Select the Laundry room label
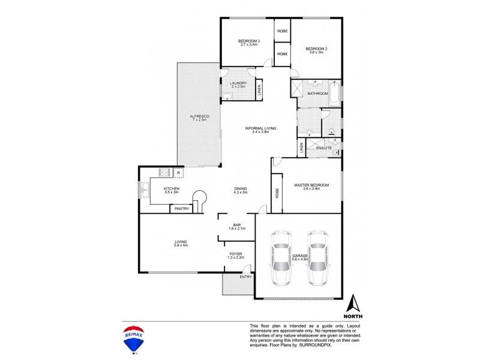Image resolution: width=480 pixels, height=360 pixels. point(238,85)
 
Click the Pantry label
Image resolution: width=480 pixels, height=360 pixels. point(182,209)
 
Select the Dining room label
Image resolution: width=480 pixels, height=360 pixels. point(241,190)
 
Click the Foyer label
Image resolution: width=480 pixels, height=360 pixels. point(236,256)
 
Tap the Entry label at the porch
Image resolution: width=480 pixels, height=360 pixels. point(245,277)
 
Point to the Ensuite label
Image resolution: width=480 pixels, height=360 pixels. point(324,147)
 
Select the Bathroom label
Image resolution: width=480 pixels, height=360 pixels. point(317,94)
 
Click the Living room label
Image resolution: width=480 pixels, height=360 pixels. point(177,243)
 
